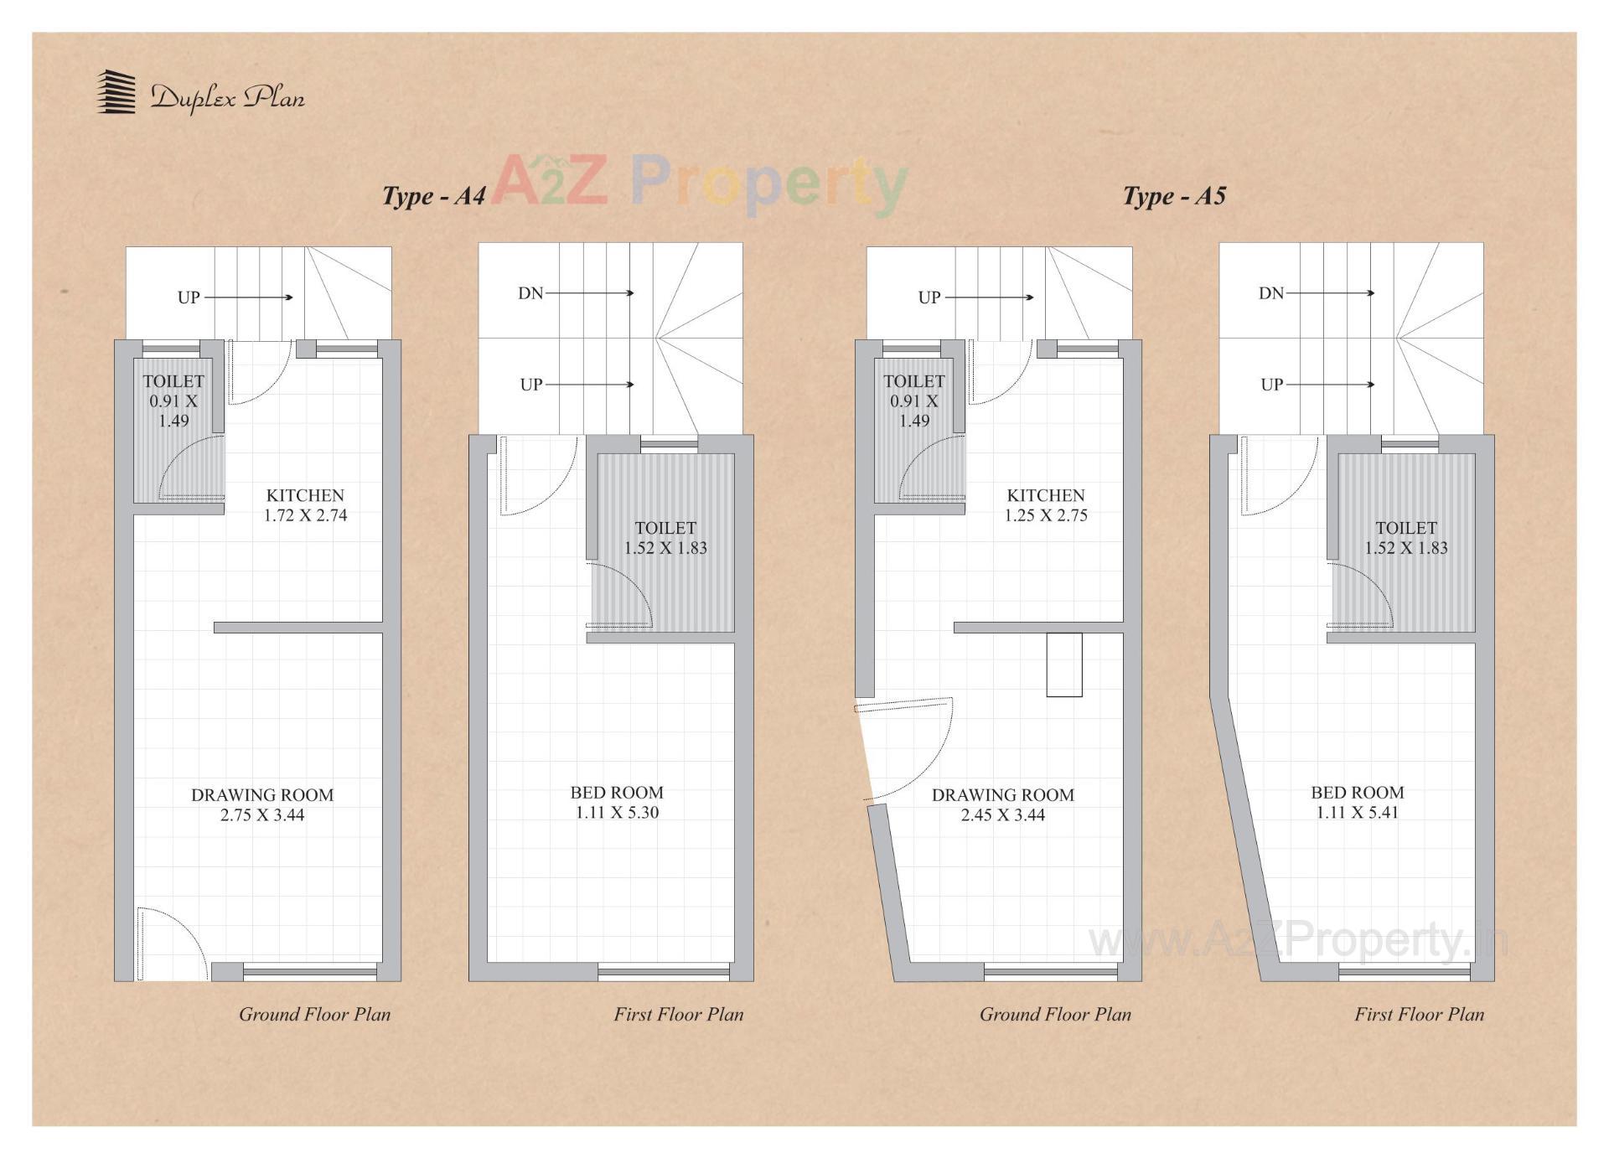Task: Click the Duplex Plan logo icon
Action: [116, 92]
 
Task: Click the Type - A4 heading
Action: [433, 196]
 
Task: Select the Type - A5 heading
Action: [1174, 196]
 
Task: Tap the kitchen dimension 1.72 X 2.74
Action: [305, 515]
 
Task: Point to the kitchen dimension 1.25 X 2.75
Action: [1046, 515]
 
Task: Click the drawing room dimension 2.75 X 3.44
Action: [262, 815]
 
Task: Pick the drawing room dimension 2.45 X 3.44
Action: [1002, 815]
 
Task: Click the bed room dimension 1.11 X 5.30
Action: [617, 813]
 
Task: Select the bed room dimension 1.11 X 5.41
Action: [1357, 813]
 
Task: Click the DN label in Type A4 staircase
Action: [530, 293]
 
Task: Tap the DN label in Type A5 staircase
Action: [1271, 293]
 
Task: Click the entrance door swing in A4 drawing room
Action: [171, 943]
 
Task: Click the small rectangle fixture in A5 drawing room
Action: [1063, 664]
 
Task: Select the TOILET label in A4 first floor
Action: [665, 528]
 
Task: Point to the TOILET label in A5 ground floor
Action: [913, 381]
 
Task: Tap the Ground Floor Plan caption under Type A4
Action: [314, 1015]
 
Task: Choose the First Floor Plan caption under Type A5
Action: [1419, 1015]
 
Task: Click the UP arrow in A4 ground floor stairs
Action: [249, 297]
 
